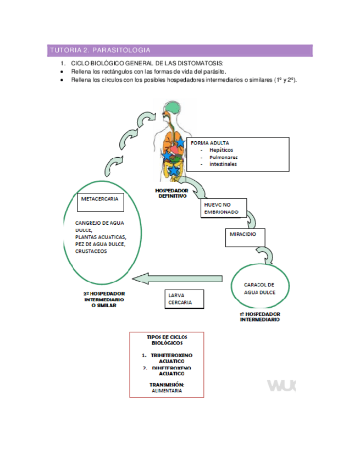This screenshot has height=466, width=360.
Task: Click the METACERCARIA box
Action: pos(100,201)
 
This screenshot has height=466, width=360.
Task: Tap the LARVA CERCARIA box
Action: pos(185,299)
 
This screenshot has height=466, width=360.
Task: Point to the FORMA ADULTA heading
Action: pos(206,142)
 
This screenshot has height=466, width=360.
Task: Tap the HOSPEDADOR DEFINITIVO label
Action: pos(171,193)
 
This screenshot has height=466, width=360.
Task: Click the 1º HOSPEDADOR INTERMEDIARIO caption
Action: pos(260,317)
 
